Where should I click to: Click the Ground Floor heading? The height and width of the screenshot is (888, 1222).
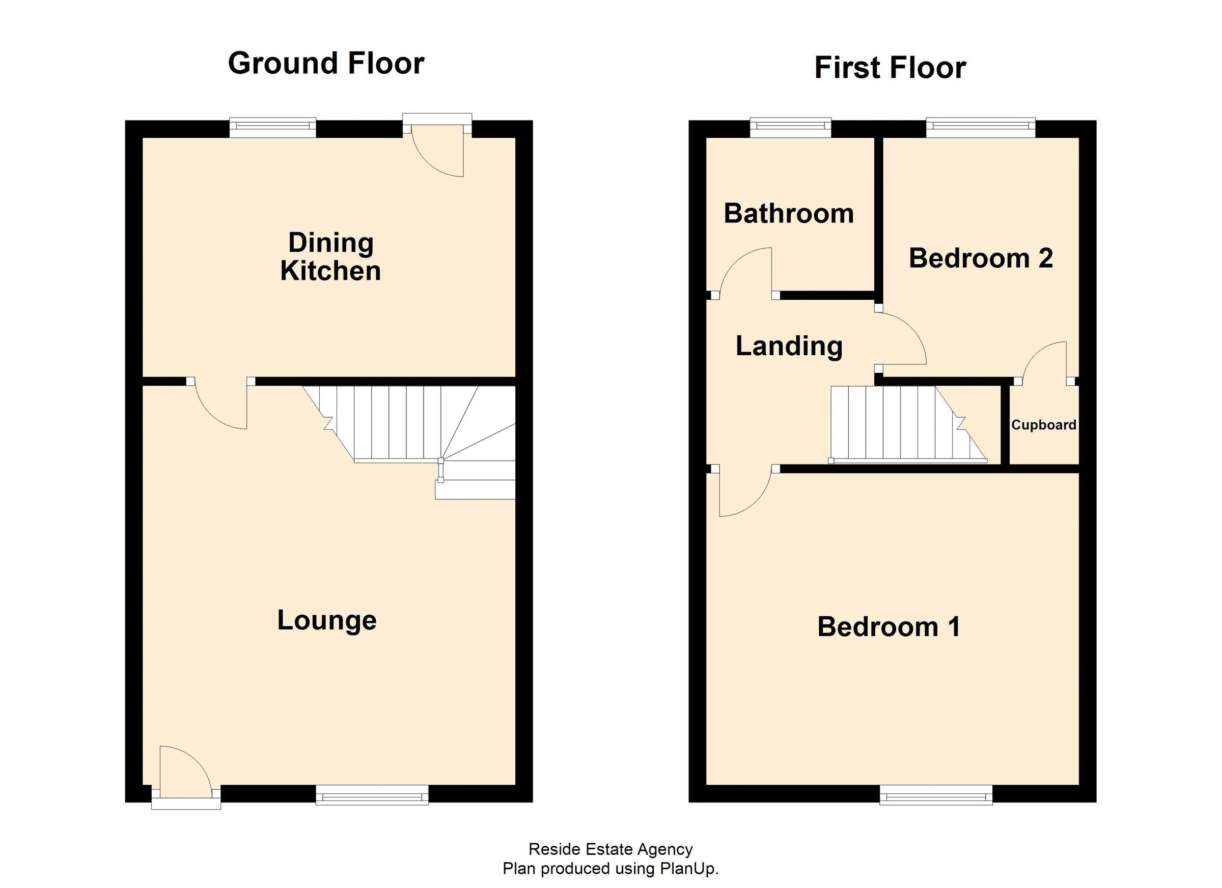326,64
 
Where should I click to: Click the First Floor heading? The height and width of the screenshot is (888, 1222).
890,68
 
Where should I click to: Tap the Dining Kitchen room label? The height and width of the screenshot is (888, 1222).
330,257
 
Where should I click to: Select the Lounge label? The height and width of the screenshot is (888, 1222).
326,620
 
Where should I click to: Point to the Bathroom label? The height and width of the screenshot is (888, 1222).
788,214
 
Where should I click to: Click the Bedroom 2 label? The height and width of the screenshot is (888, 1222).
981,258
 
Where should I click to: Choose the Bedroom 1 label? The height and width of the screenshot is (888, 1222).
888,627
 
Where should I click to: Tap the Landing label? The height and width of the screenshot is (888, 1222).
789,346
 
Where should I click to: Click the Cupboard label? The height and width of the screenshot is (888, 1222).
1043,425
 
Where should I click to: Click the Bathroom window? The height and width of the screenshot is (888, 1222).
790,126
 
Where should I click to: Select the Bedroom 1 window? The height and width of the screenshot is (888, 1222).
936,795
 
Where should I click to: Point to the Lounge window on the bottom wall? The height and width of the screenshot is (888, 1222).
372,795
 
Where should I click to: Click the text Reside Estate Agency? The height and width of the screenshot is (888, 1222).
610,849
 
